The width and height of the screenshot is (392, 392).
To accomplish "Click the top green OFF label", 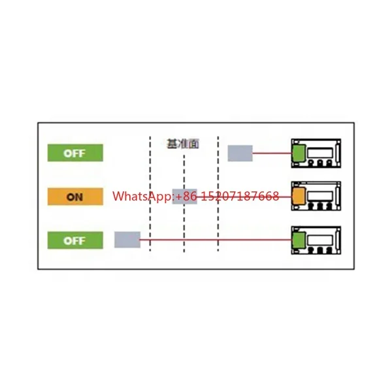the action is (x=75, y=154).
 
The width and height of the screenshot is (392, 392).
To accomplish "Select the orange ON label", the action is (x=75, y=197).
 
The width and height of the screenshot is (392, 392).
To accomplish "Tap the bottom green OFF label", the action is (x=75, y=240).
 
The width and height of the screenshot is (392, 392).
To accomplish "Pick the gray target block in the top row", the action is (x=240, y=154).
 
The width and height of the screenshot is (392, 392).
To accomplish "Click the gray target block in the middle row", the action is (x=184, y=196).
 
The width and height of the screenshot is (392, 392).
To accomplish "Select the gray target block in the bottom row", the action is (x=127, y=240).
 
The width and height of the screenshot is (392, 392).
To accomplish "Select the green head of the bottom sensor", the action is (x=299, y=239).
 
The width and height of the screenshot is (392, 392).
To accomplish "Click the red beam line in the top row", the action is (x=271, y=154).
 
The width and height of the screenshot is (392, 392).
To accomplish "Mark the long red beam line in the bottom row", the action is (x=216, y=240).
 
